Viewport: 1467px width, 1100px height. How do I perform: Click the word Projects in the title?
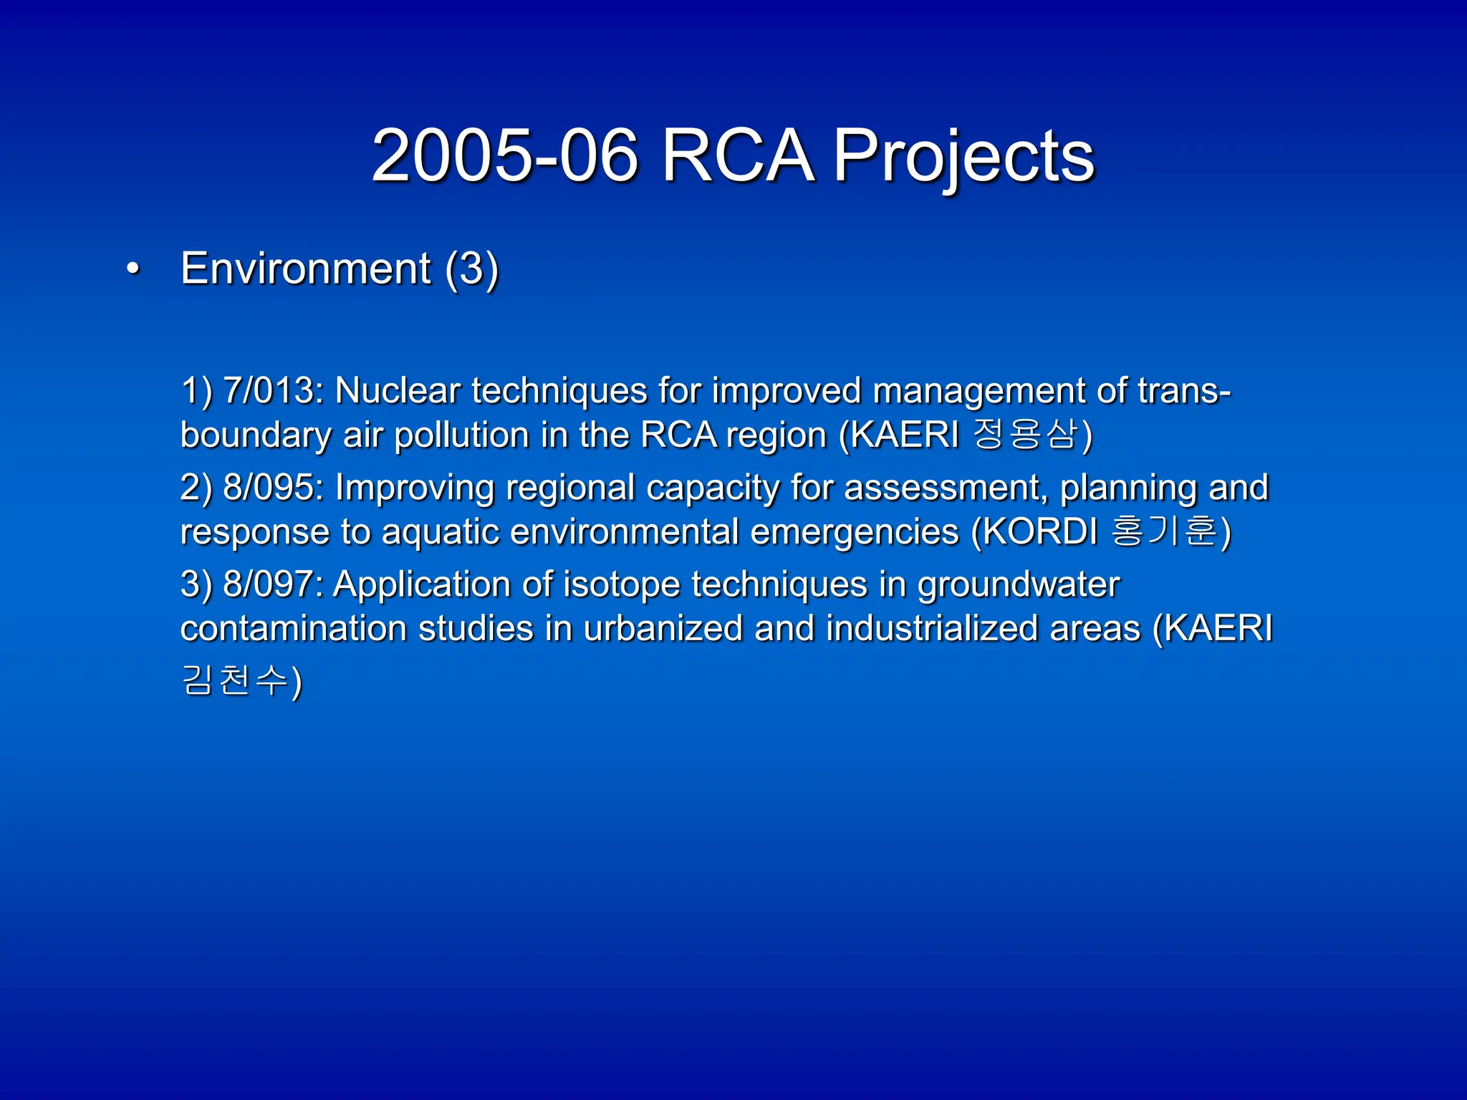(963, 156)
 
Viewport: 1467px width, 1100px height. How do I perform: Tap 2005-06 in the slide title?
(504, 156)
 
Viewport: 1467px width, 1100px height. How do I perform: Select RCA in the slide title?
(737, 156)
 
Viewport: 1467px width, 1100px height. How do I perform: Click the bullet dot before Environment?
(133, 270)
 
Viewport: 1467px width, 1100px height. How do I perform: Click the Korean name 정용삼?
(1025, 434)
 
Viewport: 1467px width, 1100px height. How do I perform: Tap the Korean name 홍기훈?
(1164, 531)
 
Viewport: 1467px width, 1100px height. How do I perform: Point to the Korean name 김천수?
(234, 680)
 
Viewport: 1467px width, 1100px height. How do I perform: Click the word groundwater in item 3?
(1018, 584)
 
